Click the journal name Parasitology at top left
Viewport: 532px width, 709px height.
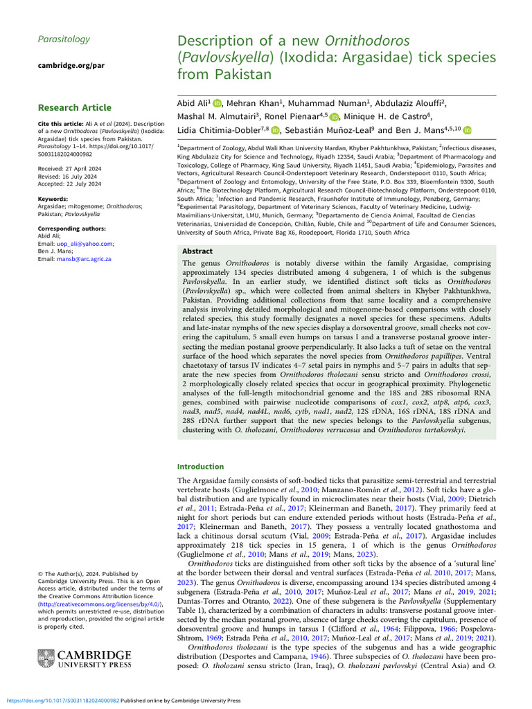(64, 39)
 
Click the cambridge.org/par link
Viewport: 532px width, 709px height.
(65, 66)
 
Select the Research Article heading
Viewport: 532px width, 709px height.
(74, 107)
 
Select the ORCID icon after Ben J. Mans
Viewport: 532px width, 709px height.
(467, 129)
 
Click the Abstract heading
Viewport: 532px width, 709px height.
(197, 251)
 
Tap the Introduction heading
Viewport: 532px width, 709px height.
(201, 467)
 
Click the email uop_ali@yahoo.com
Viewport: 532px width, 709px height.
(77, 244)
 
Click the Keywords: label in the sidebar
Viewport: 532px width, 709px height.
(53, 199)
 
